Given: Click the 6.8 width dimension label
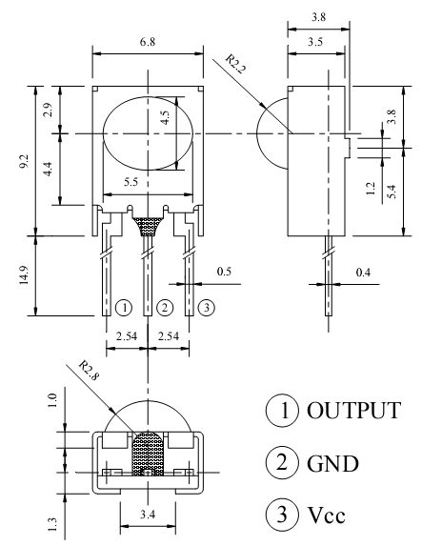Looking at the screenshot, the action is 148,42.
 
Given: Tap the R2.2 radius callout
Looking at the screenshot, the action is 236,64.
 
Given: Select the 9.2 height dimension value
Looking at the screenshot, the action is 25,161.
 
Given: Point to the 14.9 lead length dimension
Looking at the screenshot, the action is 25,275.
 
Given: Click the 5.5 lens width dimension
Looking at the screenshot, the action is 131,182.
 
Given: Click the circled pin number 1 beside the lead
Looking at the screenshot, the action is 124,308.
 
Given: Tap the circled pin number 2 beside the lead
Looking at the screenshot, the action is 165,308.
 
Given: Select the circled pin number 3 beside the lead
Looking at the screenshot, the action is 207,308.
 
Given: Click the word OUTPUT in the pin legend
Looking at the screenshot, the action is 354,410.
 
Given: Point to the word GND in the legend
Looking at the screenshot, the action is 332,463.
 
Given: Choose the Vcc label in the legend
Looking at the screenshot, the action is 326,515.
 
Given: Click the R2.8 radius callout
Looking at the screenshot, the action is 89,371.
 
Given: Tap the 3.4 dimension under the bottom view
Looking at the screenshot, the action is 148,514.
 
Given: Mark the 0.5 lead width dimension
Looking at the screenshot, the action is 224,272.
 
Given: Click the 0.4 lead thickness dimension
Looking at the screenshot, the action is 363,273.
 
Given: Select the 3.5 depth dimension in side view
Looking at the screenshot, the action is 315,42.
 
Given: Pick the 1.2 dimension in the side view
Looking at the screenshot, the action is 371,189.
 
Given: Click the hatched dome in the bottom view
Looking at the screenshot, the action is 148,454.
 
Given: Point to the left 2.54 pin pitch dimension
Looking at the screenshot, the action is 127,336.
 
